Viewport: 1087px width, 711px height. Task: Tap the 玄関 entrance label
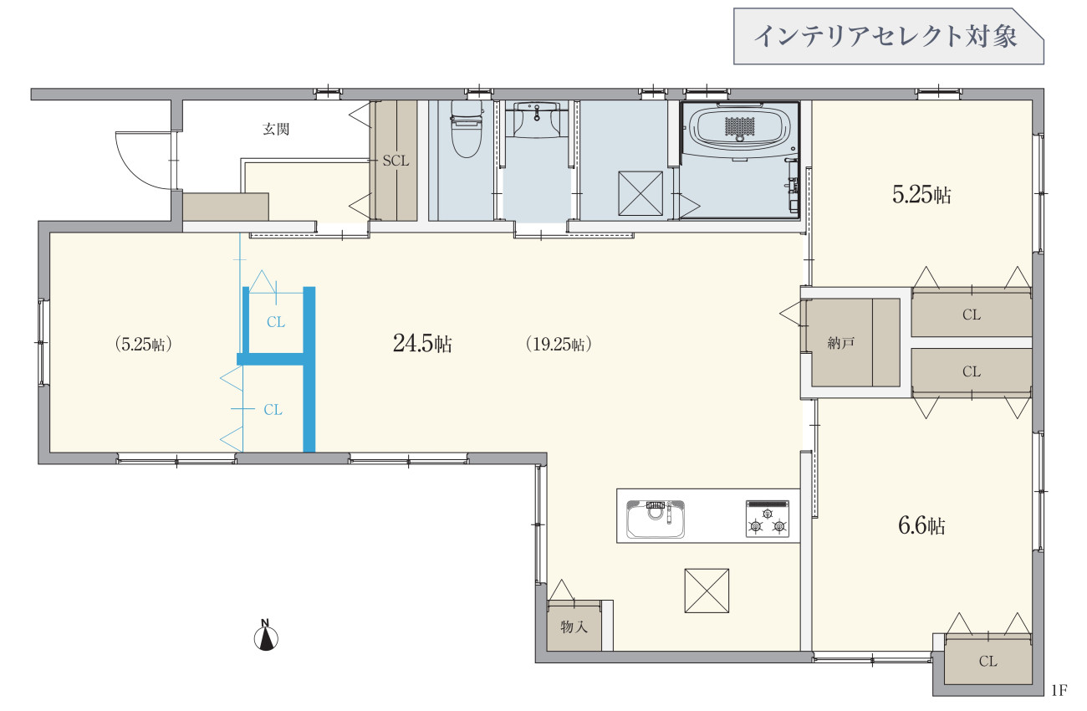tap(276, 129)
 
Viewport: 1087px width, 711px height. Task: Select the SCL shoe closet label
tap(396, 161)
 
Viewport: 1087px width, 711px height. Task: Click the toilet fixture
tap(466, 129)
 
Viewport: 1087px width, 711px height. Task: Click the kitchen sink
tap(655, 519)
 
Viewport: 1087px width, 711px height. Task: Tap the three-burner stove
tap(767, 519)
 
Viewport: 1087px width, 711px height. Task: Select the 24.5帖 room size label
tap(422, 344)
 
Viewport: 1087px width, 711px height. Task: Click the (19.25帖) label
tap(559, 344)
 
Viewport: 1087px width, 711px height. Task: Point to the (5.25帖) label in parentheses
tap(144, 344)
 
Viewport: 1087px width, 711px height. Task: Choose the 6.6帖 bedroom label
tap(921, 525)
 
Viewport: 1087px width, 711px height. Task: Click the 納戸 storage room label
tap(840, 343)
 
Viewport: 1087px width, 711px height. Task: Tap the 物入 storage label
tap(574, 627)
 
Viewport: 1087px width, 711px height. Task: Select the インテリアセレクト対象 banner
tap(888, 37)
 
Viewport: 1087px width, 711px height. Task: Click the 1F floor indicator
tap(1059, 690)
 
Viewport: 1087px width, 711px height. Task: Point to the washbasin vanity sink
tap(536, 119)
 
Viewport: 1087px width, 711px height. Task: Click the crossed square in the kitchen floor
tap(707, 591)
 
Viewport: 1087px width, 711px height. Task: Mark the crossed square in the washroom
tap(640, 193)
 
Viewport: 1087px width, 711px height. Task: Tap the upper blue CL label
tap(276, 322)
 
